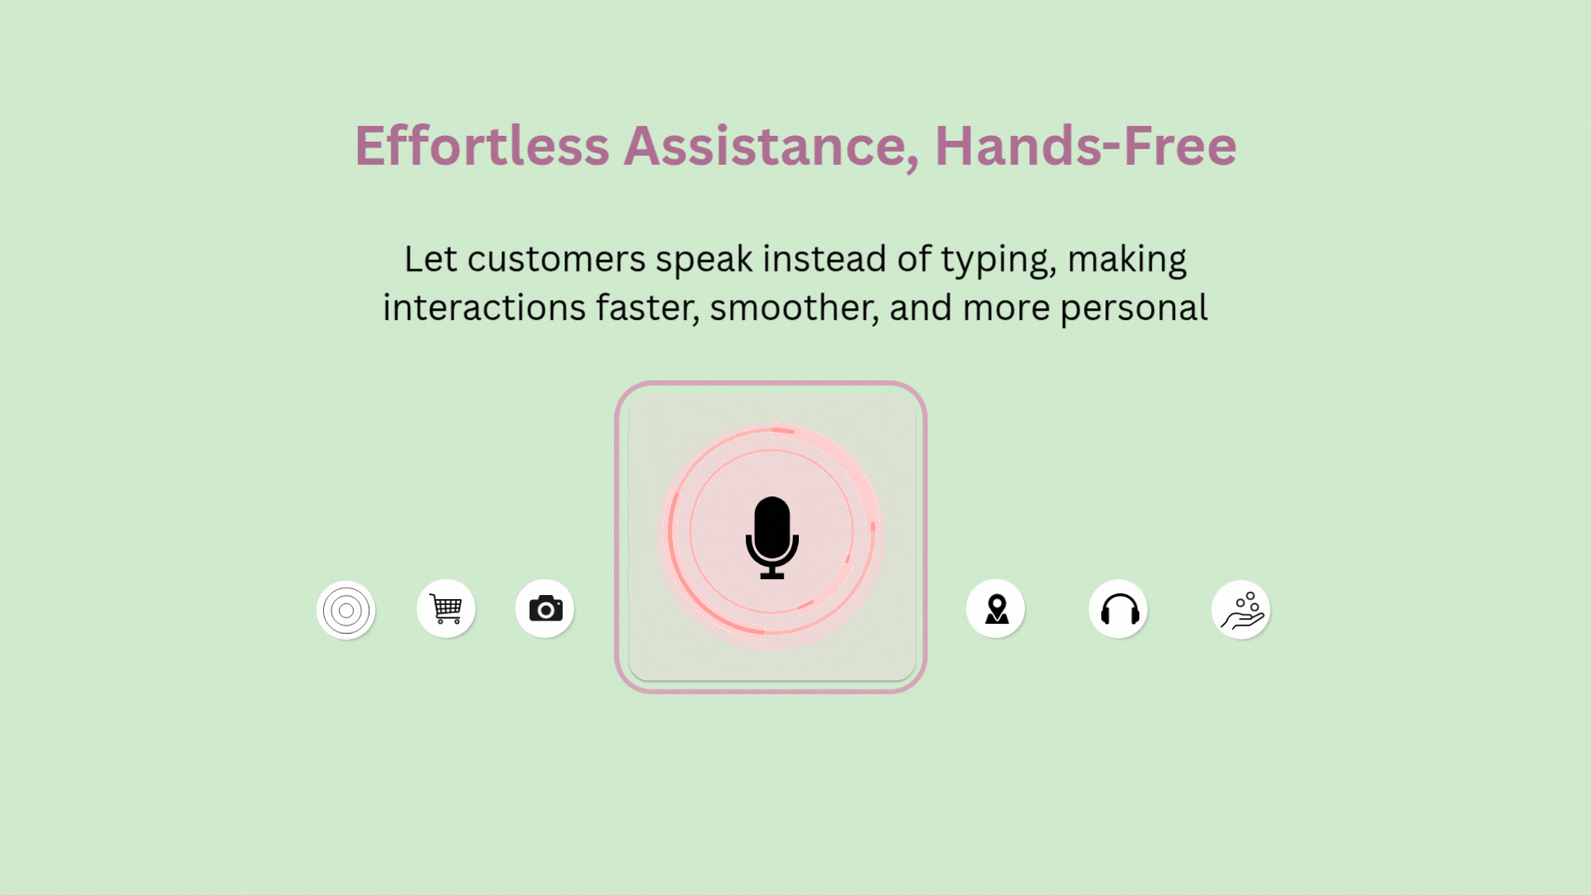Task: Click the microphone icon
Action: [x=772, y=537]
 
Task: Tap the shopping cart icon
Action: [x=446, y=609]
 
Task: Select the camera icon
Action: [x=545, y=608]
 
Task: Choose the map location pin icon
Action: [x=997, y=609]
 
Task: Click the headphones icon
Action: [x=1120, y=609]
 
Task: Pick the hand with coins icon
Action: [x=1242, y=610]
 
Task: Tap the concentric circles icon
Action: [x=346, y=611]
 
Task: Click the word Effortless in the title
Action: [x=482, y=146]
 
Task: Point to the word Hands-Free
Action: [x=1086, y=146]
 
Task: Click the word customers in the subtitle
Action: [x=556, y=259]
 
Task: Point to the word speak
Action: [x=704, y=260]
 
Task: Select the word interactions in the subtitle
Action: [x=484, y=308]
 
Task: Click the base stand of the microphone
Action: [x=772, y=574]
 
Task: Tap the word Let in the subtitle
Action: [x=431, y=259]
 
